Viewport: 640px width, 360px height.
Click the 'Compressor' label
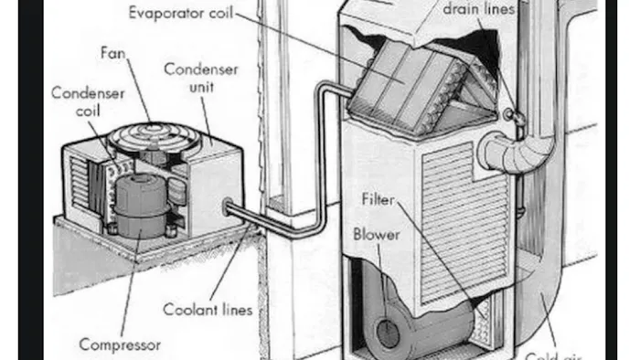point(120,344)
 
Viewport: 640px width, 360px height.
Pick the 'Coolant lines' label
point(208,310)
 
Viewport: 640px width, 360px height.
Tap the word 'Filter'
point(378,198)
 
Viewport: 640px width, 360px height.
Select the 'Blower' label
point(377,234)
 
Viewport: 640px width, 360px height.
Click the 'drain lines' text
point(479,10)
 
